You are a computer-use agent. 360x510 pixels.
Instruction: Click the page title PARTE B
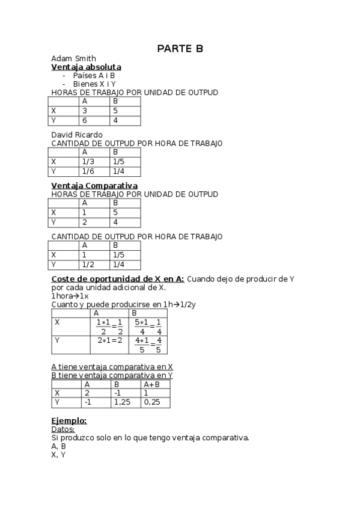(x=180, y=49)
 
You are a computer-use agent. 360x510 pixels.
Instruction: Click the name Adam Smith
(x=70, y=58)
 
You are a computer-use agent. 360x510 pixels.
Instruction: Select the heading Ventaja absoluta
(x=87, y=67)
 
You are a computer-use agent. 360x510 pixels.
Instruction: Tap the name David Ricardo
(x=77, y=134)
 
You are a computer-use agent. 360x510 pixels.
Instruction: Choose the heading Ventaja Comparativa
(x=94, y=186)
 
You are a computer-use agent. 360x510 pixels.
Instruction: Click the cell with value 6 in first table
(x=85, y=120)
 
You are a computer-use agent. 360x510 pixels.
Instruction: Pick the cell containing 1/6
(x=88, y=171)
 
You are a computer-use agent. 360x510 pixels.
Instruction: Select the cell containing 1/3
(x=88, y=162)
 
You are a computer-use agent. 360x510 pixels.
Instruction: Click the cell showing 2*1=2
(x=110, y=341)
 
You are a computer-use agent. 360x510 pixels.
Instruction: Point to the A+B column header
(x=151, y=384)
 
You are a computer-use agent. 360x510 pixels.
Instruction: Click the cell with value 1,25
(x=123, y=402)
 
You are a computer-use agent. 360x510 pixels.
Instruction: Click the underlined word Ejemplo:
(x=69, y=420)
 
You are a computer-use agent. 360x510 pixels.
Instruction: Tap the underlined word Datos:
(x=63, y=429)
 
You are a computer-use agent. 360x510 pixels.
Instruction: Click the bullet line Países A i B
(x=94, y=76)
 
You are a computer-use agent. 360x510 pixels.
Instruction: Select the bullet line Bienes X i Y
(x=94, y=84)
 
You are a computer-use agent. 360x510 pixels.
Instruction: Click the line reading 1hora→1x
(x=70, y=296)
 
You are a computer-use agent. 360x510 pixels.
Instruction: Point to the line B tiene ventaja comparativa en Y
(x=112, y=375)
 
